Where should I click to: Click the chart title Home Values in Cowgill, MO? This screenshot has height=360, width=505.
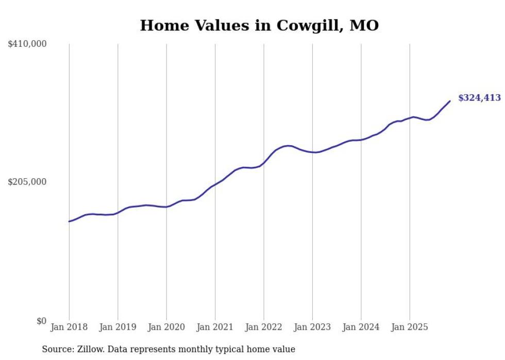(x=259, y=25)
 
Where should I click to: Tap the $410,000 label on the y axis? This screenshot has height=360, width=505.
(x=27, y=44)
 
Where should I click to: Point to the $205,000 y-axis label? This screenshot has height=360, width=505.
(x=27, y=182)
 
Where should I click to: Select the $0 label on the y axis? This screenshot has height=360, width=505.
(x=41, y=321)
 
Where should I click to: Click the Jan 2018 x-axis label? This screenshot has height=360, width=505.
(x=69, y=327)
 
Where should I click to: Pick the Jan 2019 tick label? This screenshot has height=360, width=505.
(x=117, y=327)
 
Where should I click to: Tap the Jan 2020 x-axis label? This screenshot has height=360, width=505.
(x=166, y=327)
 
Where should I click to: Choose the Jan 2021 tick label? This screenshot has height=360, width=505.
(x=215, y=327)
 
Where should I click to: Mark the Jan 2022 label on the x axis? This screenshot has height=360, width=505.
(x=264, y=327)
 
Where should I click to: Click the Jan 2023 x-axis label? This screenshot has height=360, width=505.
(x=312, y=327)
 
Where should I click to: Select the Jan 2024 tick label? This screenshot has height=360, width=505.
(x=361, y=327)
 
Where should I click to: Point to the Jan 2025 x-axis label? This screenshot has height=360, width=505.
(x=410, y=327)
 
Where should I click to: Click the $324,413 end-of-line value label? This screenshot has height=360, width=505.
(x=479, y=98)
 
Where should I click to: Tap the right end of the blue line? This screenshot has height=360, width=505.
(x=450, y=101)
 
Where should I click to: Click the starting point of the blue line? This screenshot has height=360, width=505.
(x=69, y=221)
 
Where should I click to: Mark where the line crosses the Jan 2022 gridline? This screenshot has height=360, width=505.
(x=264, y=163)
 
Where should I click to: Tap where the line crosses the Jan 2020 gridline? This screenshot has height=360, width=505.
(x=166, y=207)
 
